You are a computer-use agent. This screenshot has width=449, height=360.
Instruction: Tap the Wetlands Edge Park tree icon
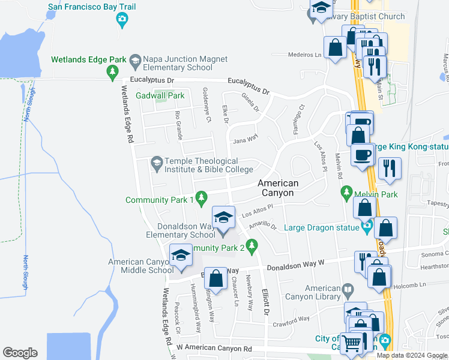click(x=111, y=72)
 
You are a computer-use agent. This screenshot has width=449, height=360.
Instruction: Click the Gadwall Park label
click(x=160, y=95)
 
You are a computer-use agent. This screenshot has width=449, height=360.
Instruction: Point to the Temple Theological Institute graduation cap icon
click(x=157, y=162)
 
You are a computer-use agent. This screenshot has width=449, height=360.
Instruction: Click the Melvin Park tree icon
click(x=346, y=193)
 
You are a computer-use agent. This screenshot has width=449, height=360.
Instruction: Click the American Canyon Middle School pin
click(x=181, y=256)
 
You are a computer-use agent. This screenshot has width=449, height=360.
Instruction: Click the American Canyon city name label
click(x=278, y=188)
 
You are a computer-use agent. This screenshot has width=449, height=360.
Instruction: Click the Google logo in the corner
click(x=20, y=352)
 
